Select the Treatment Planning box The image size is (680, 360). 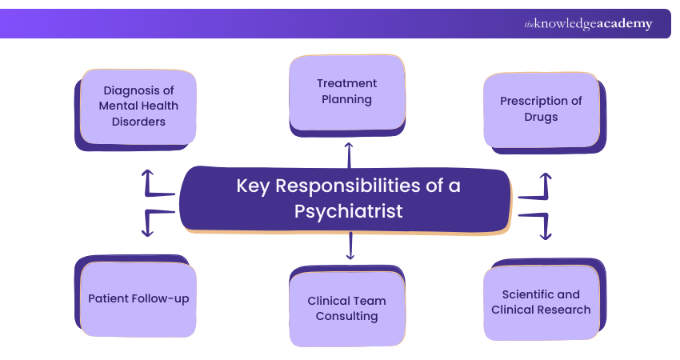(346, 92)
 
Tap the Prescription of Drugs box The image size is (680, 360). (541, 110)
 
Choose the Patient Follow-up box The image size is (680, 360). (138, 299)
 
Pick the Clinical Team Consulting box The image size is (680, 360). (346, 309)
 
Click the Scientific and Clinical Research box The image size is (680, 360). (541, 302)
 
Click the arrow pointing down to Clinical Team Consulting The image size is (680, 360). (350, 245)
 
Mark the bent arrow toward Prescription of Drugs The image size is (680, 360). (538, 186)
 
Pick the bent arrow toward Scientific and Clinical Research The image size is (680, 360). (538, 224)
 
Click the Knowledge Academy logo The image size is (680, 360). (588, 24)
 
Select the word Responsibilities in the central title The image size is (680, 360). (348, 186)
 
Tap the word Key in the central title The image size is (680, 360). (252, 186)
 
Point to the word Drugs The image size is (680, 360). (541, 117)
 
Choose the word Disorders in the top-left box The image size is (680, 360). (138, 122)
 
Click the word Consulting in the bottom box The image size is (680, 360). (346, 316)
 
